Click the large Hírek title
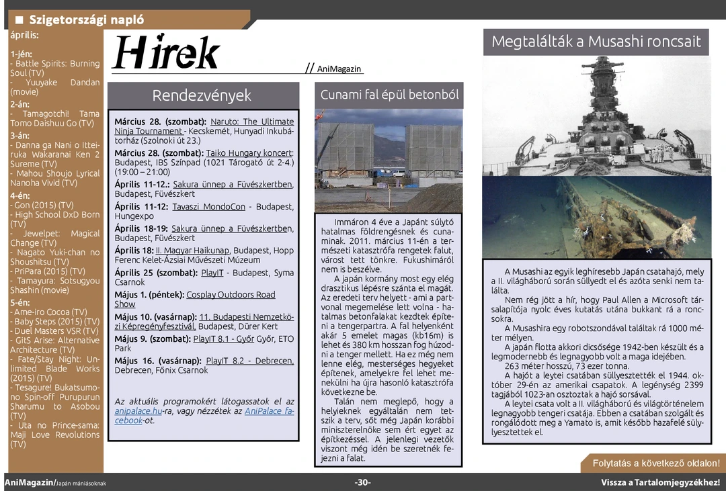[166, 52]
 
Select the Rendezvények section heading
[202, 95]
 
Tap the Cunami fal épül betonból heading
[389, 95]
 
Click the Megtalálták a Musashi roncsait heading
[596, 42]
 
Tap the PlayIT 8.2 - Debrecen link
[249, 361]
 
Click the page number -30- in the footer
[363, 482]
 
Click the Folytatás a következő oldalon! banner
[655, 463]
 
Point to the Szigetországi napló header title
[86, 20]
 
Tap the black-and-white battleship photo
[596, 116]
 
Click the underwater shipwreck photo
[596, 216]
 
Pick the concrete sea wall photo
[389, 160]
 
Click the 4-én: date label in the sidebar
[20, 195]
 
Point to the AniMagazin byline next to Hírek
[339, 69]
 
